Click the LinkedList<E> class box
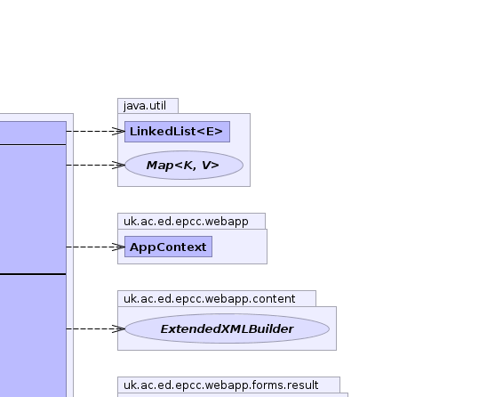[177, 132]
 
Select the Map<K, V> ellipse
[184, 165]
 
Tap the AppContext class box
[168, 247]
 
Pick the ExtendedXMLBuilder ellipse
[227, 328]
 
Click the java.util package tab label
[145, 106]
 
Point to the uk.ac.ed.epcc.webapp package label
[186, 222]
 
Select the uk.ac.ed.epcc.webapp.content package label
[210, 299]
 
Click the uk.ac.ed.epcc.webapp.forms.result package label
[221, 385]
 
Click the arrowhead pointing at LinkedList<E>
[119, 131]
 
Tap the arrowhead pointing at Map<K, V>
[119, 165]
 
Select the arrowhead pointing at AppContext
[119, 247]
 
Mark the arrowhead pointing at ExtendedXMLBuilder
[119, 328]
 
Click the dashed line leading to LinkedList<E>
[95, 131]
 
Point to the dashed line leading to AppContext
[95, 247]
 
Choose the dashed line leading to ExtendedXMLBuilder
[95, 328]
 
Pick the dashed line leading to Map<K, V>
[95, 165]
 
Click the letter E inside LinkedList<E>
[211, 132]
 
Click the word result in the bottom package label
[304, 385]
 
